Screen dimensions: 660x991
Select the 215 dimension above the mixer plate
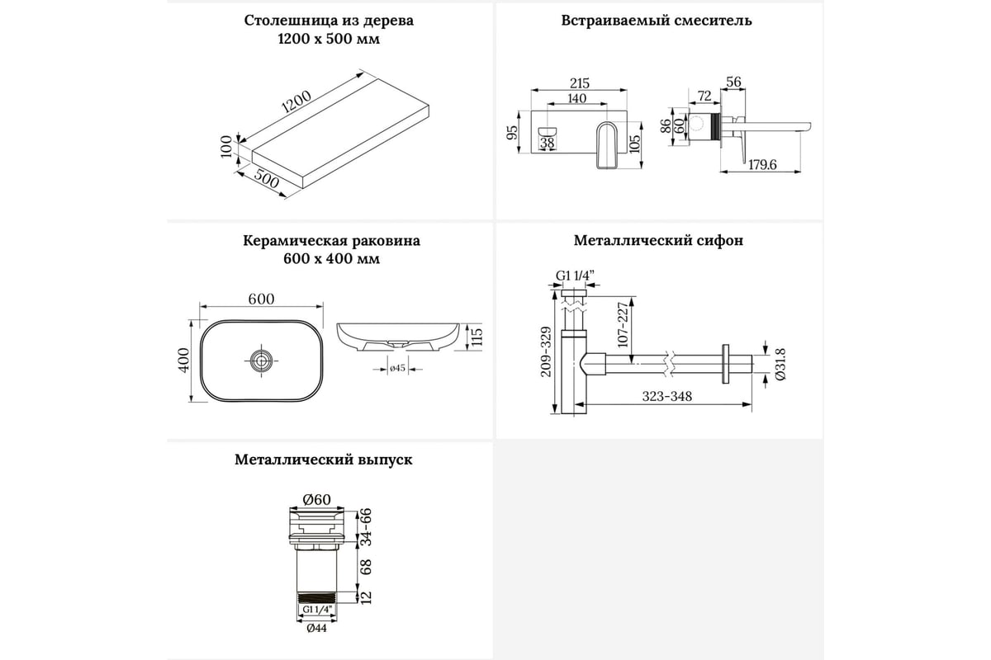(x=580, y=82)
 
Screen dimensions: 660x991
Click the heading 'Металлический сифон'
(x=658, y=241)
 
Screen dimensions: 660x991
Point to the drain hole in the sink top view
(x=261, y=359)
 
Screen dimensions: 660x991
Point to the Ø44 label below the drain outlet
(x=316, y=627)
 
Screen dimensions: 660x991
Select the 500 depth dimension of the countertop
(x=266, y=181)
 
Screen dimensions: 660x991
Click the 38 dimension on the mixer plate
(x=547, y=143)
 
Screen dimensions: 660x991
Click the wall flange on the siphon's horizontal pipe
(x=726, y=363)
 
